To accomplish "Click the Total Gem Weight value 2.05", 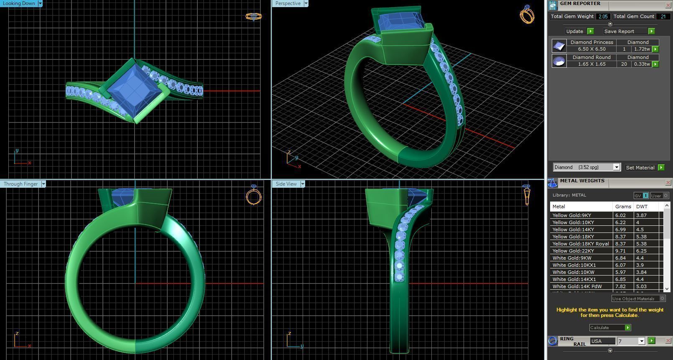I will click(603, 16).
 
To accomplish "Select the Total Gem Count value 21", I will click(663, 16).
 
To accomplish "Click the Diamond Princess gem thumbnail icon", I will click(559, 46).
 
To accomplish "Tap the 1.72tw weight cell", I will click(642, 49).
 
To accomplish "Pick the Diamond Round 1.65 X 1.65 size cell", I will click(591, 64).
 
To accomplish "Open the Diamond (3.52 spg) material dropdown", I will click(616, 167).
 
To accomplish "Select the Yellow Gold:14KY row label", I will click(573, 230).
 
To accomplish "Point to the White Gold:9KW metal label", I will click(572, 258).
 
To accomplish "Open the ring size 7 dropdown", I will click(641, 341).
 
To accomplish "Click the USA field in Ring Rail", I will click(602, 341).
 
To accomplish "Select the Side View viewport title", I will click(286, 184).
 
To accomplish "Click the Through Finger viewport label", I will click(21, 184).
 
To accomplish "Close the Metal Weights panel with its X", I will click(668, 182).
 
